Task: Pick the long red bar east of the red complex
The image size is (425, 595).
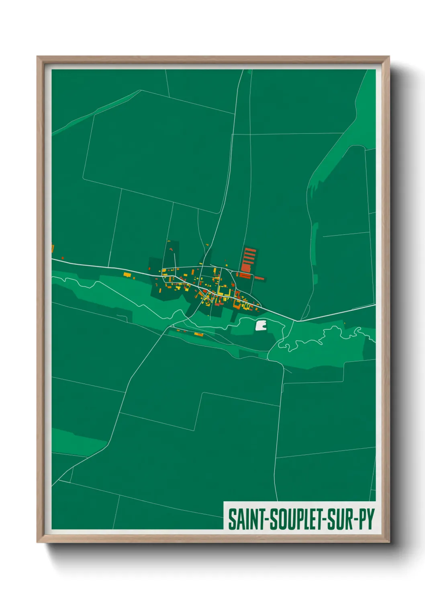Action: click(x=259, y=278)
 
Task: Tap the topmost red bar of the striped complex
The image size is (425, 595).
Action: click(x=250, y=250)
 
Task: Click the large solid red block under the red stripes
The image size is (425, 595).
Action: click(x=245, y=268)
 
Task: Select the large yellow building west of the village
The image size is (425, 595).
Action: click(x=127, y=275)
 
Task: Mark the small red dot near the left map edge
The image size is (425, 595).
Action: click(x=63, y=257)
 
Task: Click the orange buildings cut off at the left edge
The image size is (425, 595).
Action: click(x=53, y=248)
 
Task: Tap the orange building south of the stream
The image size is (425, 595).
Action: click(x=198, y=334)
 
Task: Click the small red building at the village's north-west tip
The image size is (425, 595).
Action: click(x=170, y=249)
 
